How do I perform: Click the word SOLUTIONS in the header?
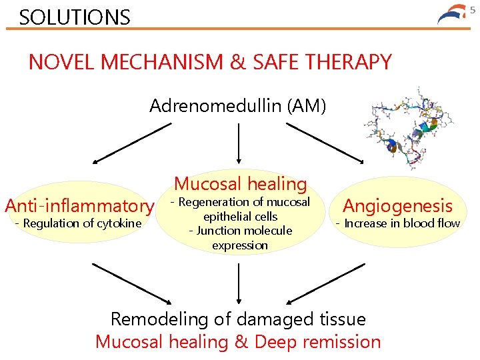click(x=75, y=17)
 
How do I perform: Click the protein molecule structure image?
click(x=407, y=127)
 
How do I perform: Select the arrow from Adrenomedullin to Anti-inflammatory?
click(x=127, y=143)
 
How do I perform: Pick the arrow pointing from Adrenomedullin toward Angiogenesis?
click(x=334, y=143)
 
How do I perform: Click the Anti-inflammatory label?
click(x=79, y=206)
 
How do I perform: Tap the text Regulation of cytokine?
click(x=79, y=223)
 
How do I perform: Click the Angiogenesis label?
click(x=397, y=207)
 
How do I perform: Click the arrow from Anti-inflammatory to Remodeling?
click(x=130, y=283)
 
